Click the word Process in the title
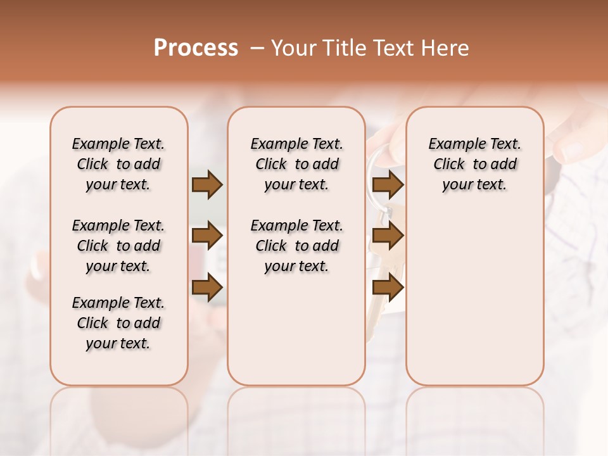[x=196, y=48]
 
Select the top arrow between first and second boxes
[x=207, y=185]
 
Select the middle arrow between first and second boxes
[x=207, y=236]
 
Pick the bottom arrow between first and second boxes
[x=207, y=288]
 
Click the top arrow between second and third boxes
[x=388, y=185]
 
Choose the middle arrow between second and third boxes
[x=388, y=236]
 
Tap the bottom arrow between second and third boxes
[x=388, y=288]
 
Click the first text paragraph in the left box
[x=118, y=164]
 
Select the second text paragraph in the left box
[x=118, y=246]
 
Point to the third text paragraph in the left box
[x=118, y=323]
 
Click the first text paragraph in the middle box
[x=296, y=164]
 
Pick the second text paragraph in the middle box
[x=296, y=246]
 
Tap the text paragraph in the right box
[x=474, y=164]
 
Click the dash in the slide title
[x=257, y=48]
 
